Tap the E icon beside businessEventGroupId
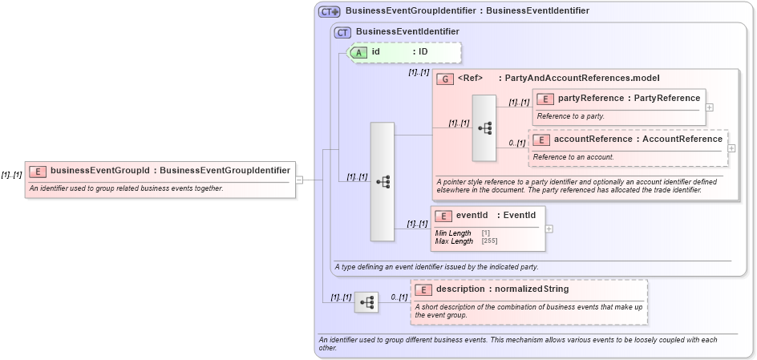[38, 170]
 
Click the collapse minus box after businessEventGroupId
[299, 180]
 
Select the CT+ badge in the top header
[330, 11]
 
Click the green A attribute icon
[359, 52]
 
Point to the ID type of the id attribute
[420, 52]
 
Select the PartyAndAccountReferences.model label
[578, 79]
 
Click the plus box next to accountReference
[731, 148]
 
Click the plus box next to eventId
[549, 229]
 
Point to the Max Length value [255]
[487, 241]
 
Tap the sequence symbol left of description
[366, 302]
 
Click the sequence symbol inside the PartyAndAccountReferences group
[484, 127]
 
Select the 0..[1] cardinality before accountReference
[517, 143]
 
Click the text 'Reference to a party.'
[570, 116]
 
